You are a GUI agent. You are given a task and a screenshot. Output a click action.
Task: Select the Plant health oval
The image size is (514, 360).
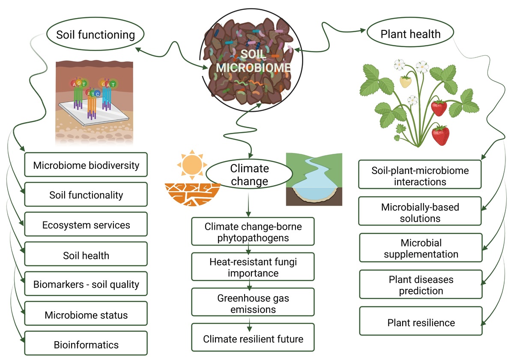point(410,34)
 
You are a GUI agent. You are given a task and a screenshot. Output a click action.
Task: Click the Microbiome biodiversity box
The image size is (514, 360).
point(86,165)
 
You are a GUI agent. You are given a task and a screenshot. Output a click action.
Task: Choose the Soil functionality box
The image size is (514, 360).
point(86,195)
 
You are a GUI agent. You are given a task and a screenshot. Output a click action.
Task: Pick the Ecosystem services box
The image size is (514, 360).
point(86,225)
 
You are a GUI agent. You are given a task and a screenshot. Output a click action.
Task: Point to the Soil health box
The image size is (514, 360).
point(86,255)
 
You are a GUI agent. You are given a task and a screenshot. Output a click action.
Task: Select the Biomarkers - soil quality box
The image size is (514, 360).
point(86,285)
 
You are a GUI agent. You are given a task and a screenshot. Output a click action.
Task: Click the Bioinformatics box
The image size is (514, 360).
point(86,344)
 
